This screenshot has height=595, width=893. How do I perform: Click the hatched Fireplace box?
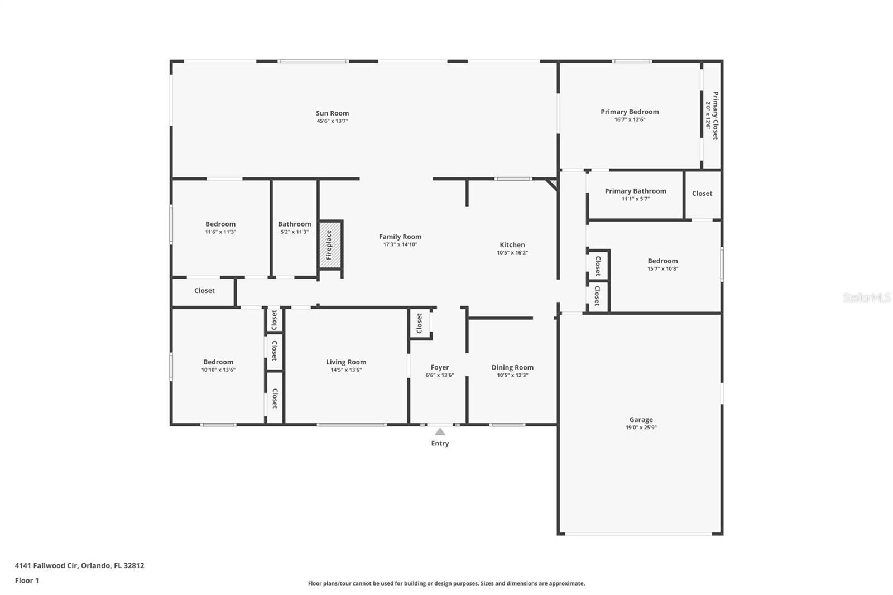point(330,245)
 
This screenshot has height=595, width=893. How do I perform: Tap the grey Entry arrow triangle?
point(440,431)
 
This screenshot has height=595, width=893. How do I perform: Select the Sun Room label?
point(333,113)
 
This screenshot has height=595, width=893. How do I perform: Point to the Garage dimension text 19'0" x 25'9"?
point(641,427)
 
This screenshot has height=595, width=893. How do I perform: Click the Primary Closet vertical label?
point(716,116)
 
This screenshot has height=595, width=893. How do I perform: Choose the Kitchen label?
point(512,245)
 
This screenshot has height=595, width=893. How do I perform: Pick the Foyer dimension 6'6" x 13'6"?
point(440,375)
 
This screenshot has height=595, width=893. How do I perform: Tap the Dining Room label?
point(512,367)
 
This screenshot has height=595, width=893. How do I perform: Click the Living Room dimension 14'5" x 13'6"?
point(346,370)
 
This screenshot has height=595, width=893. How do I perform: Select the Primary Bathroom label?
point(636,191)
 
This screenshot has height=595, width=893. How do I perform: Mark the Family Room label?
point(400,237)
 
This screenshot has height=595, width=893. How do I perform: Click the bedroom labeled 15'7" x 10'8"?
point(662,261)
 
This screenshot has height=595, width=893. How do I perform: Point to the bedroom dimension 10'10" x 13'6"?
point(218,370)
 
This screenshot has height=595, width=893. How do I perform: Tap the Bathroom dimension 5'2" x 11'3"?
point(295,232)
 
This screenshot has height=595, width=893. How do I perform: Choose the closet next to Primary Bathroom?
point(702,194)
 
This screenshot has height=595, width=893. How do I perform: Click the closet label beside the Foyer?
point(419,323)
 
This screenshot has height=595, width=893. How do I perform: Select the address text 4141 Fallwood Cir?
point(46,565)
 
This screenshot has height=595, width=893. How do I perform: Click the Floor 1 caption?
point(27,580)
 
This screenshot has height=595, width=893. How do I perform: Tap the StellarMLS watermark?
point(867,297)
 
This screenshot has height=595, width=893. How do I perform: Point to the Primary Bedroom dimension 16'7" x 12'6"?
point(630,119)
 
